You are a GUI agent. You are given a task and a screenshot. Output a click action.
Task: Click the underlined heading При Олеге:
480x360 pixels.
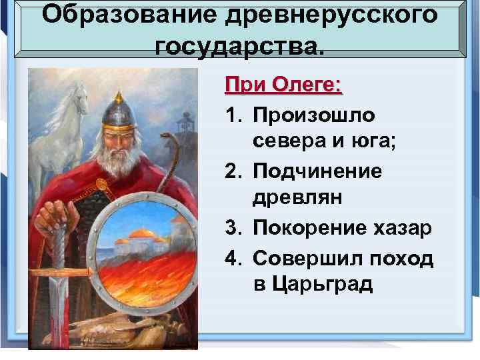click(x=283, y=85)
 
